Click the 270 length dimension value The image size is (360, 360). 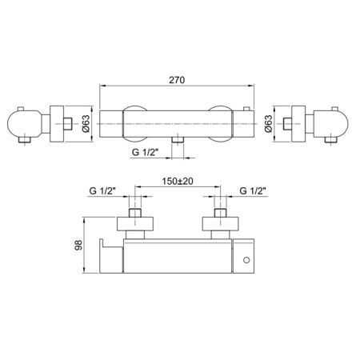pos(177,80)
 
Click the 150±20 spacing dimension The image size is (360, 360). pos(178,182)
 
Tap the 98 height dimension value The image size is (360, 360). pos(78,245)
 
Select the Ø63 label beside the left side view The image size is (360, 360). pos(86,123)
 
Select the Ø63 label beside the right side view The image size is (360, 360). pos(268,123)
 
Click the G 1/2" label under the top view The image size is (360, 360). pos(146,152)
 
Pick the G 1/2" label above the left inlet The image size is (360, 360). pos(102,191)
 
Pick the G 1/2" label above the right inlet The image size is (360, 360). pos(253,191)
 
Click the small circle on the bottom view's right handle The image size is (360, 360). pos(246,260)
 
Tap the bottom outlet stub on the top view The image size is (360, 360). pos(178,140)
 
